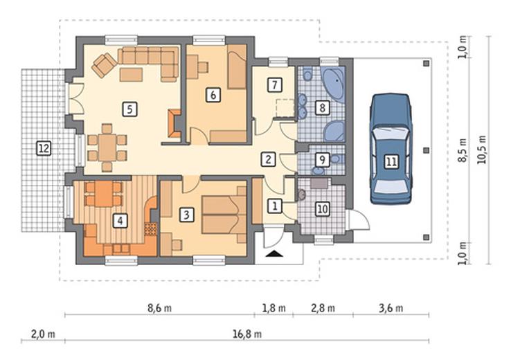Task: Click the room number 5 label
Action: tap(129, 109)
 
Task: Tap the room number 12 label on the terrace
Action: tap(44, 149)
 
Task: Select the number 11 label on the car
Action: tap(391, 161)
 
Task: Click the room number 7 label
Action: tap(274, 85)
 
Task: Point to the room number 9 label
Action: tap(322, 160)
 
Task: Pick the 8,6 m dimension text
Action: tap(159, 308)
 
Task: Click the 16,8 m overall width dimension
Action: tap(247, 334)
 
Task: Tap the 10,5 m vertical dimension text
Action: tap(481, 150)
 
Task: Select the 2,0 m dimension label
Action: tap(43, 334)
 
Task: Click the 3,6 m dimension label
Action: tap(391, 308)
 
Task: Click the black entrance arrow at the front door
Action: tap(274, 254)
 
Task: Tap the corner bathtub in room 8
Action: tap(334, 83)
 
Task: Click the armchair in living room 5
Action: tap(104, 65)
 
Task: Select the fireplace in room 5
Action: tap(174, 123)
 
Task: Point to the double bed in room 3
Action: tap(224, 215)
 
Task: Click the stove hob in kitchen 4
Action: tap(150, 229)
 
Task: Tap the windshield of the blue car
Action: tap(391, 133)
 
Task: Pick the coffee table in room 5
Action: tap(131, 74)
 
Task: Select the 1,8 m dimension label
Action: tap(274, 308)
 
